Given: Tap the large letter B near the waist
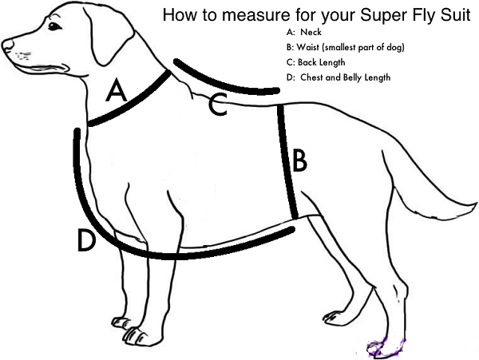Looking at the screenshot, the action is [299, 160].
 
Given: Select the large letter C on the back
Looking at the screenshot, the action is [217, 105].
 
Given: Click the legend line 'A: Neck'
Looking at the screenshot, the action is [304, 34].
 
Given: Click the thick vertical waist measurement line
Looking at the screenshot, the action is [288, 160].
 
